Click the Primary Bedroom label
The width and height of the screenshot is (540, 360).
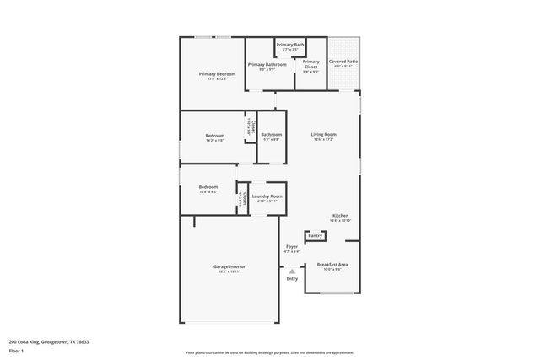(x=217, y=74)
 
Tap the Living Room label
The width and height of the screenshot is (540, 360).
(x=323, y=135)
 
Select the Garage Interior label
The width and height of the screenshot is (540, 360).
(x=228, y=266)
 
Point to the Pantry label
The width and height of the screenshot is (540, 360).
(x=315, y=236)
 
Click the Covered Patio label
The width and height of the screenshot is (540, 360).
(x=343, y=62)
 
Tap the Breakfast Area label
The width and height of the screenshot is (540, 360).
(x=332, y=265)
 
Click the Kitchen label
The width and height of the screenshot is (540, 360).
(x=340, y=215)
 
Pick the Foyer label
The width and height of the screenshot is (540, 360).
(x=290, y=248)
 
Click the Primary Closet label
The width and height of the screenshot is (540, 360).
(x=310, y=63)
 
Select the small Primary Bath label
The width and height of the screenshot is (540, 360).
(x=289, y=45)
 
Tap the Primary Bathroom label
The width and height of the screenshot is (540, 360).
(x=267, y=64)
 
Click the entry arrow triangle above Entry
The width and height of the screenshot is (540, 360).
(x=292, y=271)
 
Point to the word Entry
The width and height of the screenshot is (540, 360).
(x=292, y=279)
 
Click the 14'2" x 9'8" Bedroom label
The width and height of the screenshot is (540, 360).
(x=214, y=136)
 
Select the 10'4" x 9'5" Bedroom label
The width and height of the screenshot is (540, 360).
(x=208, y=187)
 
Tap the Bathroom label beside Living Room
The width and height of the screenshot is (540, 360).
(x=271, y=135)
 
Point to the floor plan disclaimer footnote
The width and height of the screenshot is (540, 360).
(x=269, y=353)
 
